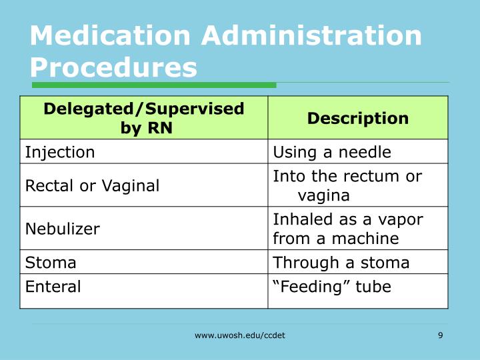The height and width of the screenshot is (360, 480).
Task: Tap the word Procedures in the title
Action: point(113,67)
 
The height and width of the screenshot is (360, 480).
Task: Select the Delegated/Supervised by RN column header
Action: point(144,118)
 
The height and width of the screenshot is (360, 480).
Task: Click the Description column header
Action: point(357,118)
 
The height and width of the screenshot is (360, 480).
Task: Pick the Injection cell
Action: point(60,152)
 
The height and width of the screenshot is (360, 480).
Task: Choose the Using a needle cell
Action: point(331,152)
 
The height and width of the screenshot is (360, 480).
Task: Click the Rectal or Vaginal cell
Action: point(92,185)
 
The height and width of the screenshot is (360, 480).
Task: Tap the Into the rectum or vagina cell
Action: point(347,185)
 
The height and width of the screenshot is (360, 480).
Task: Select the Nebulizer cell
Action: point(63,229)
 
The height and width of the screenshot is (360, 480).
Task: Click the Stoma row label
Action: point(51,262)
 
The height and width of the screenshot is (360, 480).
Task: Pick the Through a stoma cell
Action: point(341,262)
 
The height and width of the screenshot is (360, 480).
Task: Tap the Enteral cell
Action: point(53,287)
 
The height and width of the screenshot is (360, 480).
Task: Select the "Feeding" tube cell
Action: point(331,287)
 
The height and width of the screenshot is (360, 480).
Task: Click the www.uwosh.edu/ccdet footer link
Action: point(239,335)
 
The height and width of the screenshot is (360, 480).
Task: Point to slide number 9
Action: point(441,335)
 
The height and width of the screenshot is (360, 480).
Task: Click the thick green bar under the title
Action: point(153,85)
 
